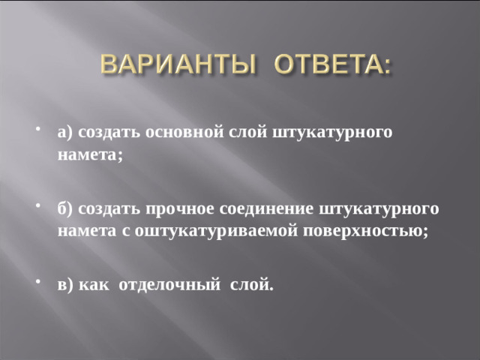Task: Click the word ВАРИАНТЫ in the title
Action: [177, 67]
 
